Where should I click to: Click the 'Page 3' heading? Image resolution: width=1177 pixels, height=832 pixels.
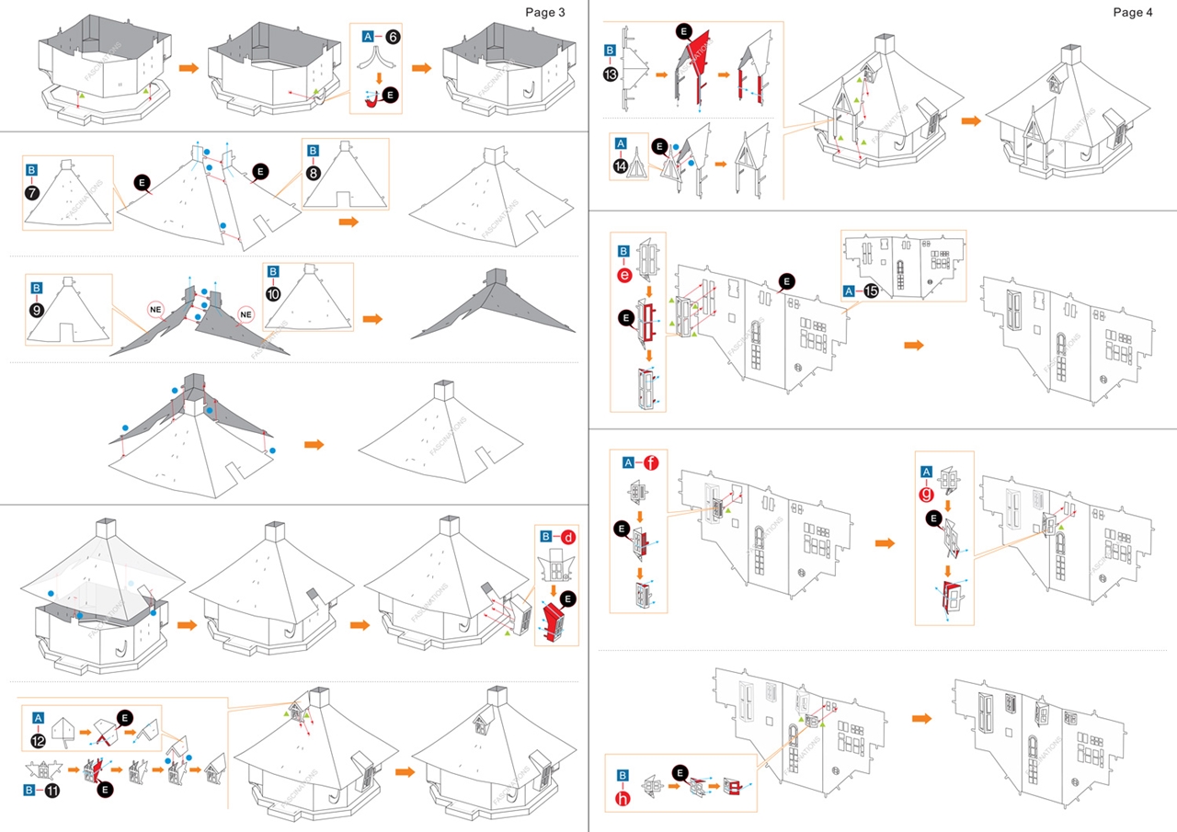(544, 12)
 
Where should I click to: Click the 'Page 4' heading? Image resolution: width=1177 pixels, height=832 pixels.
(1132, 12)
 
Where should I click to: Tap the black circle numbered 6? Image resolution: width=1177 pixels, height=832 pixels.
(393, 36)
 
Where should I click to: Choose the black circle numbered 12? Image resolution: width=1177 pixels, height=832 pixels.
(39, 736)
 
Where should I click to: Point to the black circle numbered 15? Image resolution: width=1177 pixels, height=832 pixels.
(871, 291)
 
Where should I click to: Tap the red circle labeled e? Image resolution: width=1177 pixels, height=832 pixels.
(623, 274)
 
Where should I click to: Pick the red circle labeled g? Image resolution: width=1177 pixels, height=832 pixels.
(926, 492)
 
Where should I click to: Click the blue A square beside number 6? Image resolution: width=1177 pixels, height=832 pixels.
(368, 36)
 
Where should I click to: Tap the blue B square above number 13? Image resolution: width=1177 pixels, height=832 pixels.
(611, 51)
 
